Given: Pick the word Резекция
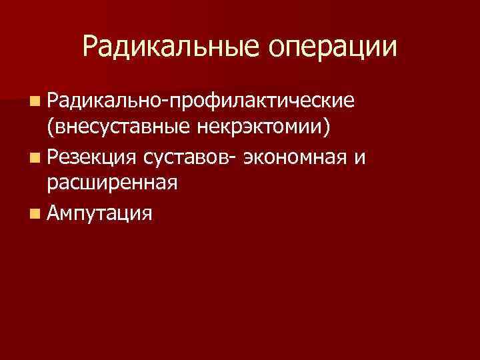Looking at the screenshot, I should click(91, 158).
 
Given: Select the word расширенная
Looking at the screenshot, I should click(111, 182).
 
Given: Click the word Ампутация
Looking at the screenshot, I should click(99, 213).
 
